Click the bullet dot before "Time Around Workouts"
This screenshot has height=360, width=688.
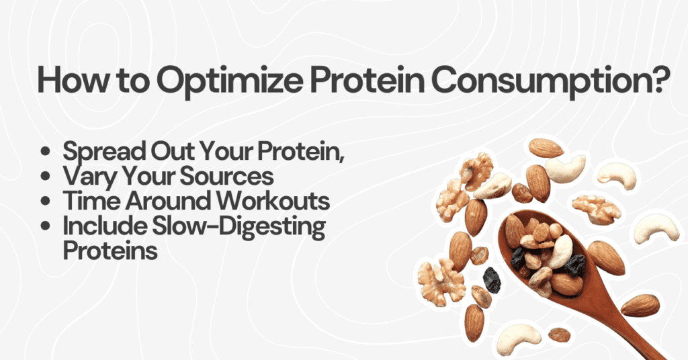[x=46, y=203]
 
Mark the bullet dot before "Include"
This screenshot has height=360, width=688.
[x=46, y=228]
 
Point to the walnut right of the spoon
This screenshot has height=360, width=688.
[x=596, y=209]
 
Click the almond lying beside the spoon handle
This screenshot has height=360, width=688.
[x=640, y=306]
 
